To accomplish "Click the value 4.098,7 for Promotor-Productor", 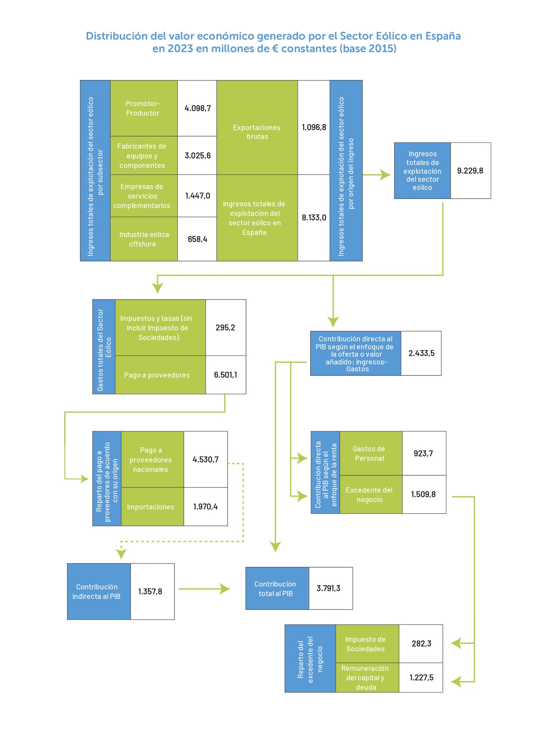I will tap(197, 108).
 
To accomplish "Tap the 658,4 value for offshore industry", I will tap(197, 239).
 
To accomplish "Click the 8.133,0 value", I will tap(314, 218).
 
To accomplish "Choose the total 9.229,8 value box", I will tap(470, 171).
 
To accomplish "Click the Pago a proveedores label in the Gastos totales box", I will tap(157, 375).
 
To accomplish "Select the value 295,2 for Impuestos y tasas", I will tap(225, 327).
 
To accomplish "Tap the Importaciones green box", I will tap(151, 507).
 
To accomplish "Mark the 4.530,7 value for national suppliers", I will tap(206, 459).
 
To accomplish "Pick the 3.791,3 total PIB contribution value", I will tap(329, 588).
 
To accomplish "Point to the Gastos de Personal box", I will tap(370, 454).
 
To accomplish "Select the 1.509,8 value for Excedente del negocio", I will tap(423, 495).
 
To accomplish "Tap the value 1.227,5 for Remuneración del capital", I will tap(421, 678).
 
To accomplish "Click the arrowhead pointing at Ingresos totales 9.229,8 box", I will tap(385, 175).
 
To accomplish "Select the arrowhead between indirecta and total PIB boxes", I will tap(225, 589).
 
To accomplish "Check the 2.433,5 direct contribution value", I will tap(421, 353).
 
